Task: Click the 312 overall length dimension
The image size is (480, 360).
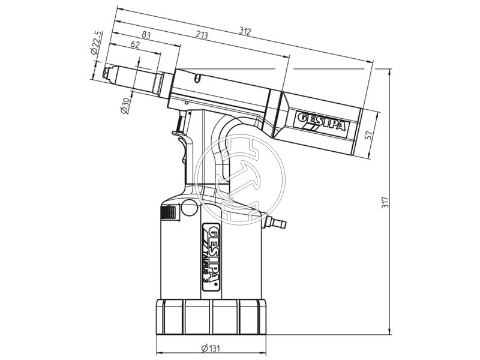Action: pos(245,31)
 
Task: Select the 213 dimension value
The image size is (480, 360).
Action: pos(202,35)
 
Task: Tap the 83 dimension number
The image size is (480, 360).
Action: pos(146,35)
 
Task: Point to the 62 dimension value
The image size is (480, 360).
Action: pos(135,44)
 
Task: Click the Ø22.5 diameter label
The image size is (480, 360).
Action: pos(96,43)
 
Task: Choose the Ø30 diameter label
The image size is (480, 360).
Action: pos(125,106)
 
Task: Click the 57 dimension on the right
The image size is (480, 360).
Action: pos(368,134)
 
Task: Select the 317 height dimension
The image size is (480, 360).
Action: pos(386,202)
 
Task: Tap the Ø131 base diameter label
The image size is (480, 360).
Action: pos(211,348)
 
